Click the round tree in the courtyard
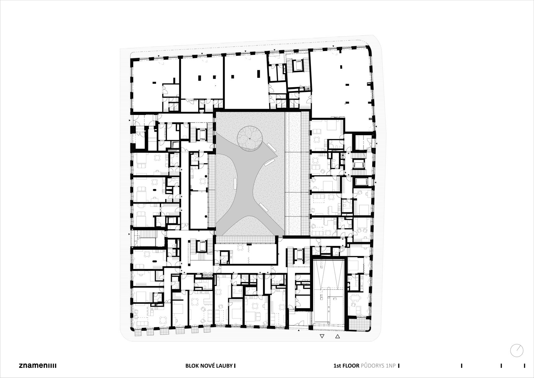250,139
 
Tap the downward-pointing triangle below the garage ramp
322,336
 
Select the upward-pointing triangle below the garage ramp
338,336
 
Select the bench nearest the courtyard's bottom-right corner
264,207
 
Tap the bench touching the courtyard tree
272,147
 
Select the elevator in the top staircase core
298,66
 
